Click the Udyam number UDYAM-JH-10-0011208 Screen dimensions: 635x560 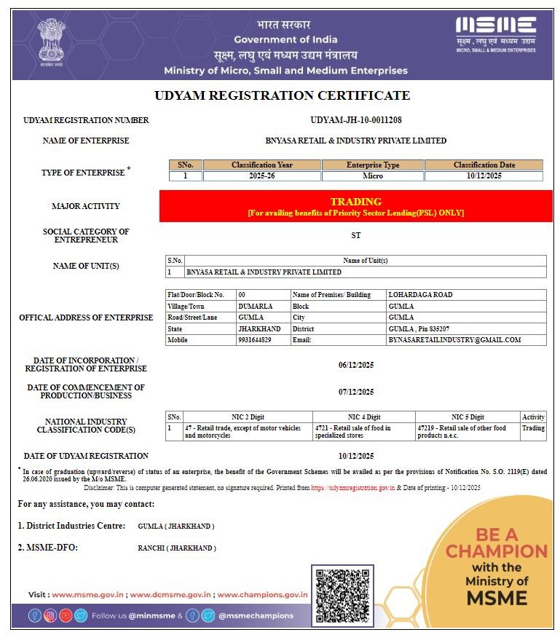point(355,120)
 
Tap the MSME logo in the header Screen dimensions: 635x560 point(495,33)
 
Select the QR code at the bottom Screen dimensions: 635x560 point(342,596)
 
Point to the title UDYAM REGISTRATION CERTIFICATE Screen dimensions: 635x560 point(282,95)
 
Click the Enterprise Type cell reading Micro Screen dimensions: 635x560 point(372,175)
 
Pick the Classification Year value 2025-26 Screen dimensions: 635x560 point(261,175)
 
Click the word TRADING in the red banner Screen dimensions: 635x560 point(355,202)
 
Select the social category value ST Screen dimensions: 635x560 point(355,235)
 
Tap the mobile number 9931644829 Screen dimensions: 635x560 point(255,340)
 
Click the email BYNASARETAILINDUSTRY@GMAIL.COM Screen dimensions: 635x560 point(454,340)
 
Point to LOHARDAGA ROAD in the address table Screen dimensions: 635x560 point(421,295)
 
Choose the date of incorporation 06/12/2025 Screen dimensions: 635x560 point(355,365)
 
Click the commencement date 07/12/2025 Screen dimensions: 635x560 point(355,392)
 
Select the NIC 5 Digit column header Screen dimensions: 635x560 point(467,417)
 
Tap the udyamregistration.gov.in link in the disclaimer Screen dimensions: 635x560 point(353,488)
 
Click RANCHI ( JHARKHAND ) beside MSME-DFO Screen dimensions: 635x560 point(177,548)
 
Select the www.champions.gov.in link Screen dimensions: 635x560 point(262,595)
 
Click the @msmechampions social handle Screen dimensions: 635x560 point(256,615)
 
